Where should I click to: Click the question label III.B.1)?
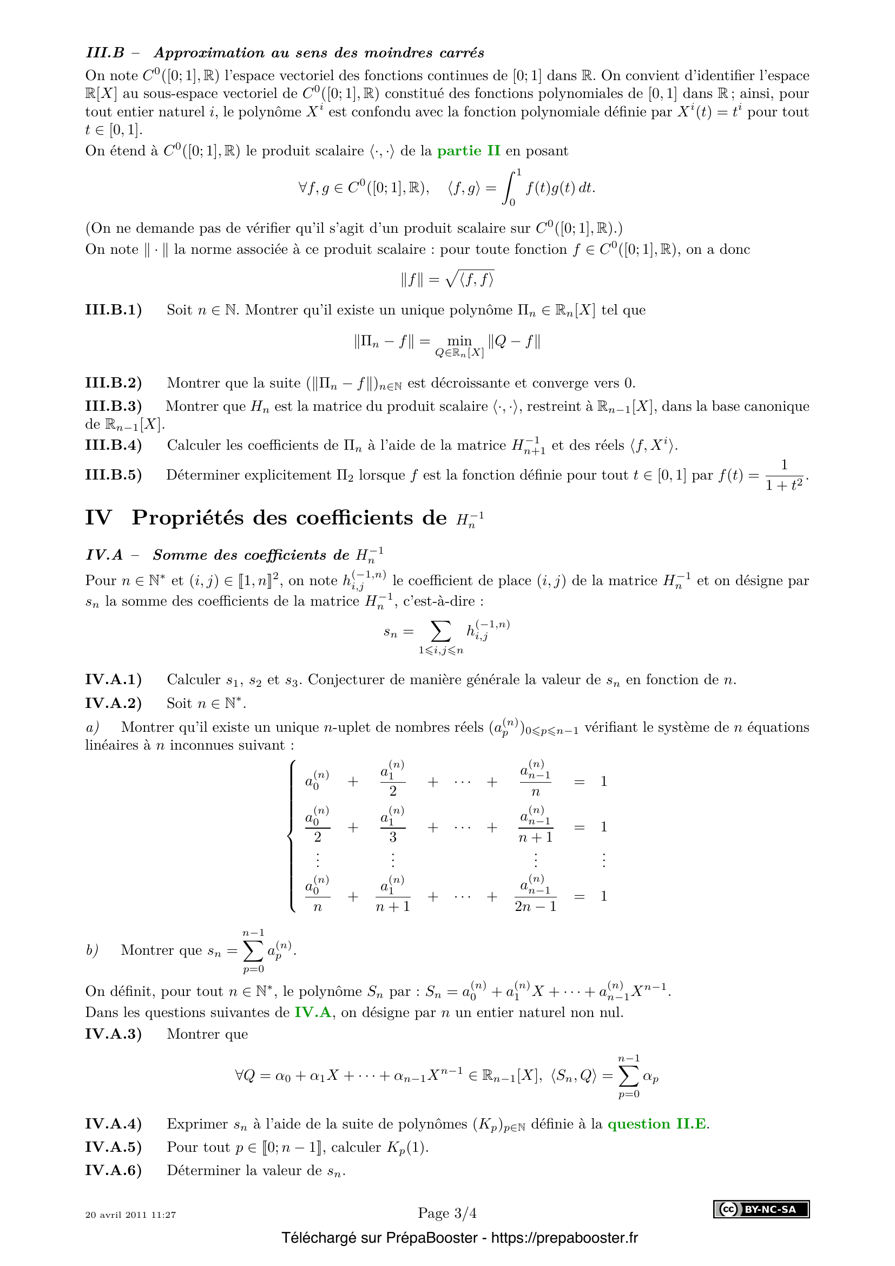coord(114,310)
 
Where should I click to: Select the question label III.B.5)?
coord(114,475)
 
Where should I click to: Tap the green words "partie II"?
coord(469,151)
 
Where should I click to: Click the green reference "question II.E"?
coord(658,1124)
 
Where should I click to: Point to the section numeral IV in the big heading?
coord(98,518)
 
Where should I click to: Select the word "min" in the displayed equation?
coord(459,341)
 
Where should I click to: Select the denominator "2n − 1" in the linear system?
coord(535,907)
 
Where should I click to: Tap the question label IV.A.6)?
coord(114,1170)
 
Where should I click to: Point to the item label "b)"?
coord(92,950)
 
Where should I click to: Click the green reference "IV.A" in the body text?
coord(313,1012)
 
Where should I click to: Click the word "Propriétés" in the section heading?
coord(187,518)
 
